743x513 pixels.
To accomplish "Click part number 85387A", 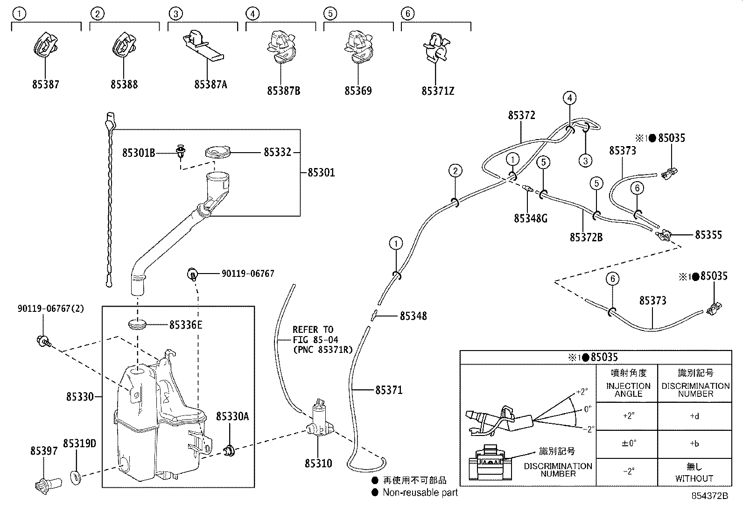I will click(x=210, y=84).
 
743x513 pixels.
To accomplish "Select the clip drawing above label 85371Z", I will click(x=436, y=49).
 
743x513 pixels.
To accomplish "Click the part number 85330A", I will click(x=232, y=416).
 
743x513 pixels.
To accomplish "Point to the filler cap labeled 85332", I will click(x=218, y=152).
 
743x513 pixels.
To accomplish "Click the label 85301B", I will click(x=139, y=152).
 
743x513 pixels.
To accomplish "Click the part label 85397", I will click(x=44, y=451).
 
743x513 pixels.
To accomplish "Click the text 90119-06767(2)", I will click(x=51, y=309).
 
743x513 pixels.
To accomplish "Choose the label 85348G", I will click(x=531, y=218).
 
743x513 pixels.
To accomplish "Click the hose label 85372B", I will click(x=586, y=238).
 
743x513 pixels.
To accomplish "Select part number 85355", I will click(x=708, y=234).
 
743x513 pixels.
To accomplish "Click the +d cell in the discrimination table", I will click(x=694, y=416).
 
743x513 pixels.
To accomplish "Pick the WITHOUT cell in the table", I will click(x=694, y=478).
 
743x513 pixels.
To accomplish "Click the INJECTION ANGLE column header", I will click(x=628, y=389).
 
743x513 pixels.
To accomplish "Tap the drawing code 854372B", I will click(x=709, y=496).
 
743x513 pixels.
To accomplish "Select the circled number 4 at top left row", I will click(x=252, y=14).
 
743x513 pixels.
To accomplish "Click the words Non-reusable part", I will click(x=420, y=492).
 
